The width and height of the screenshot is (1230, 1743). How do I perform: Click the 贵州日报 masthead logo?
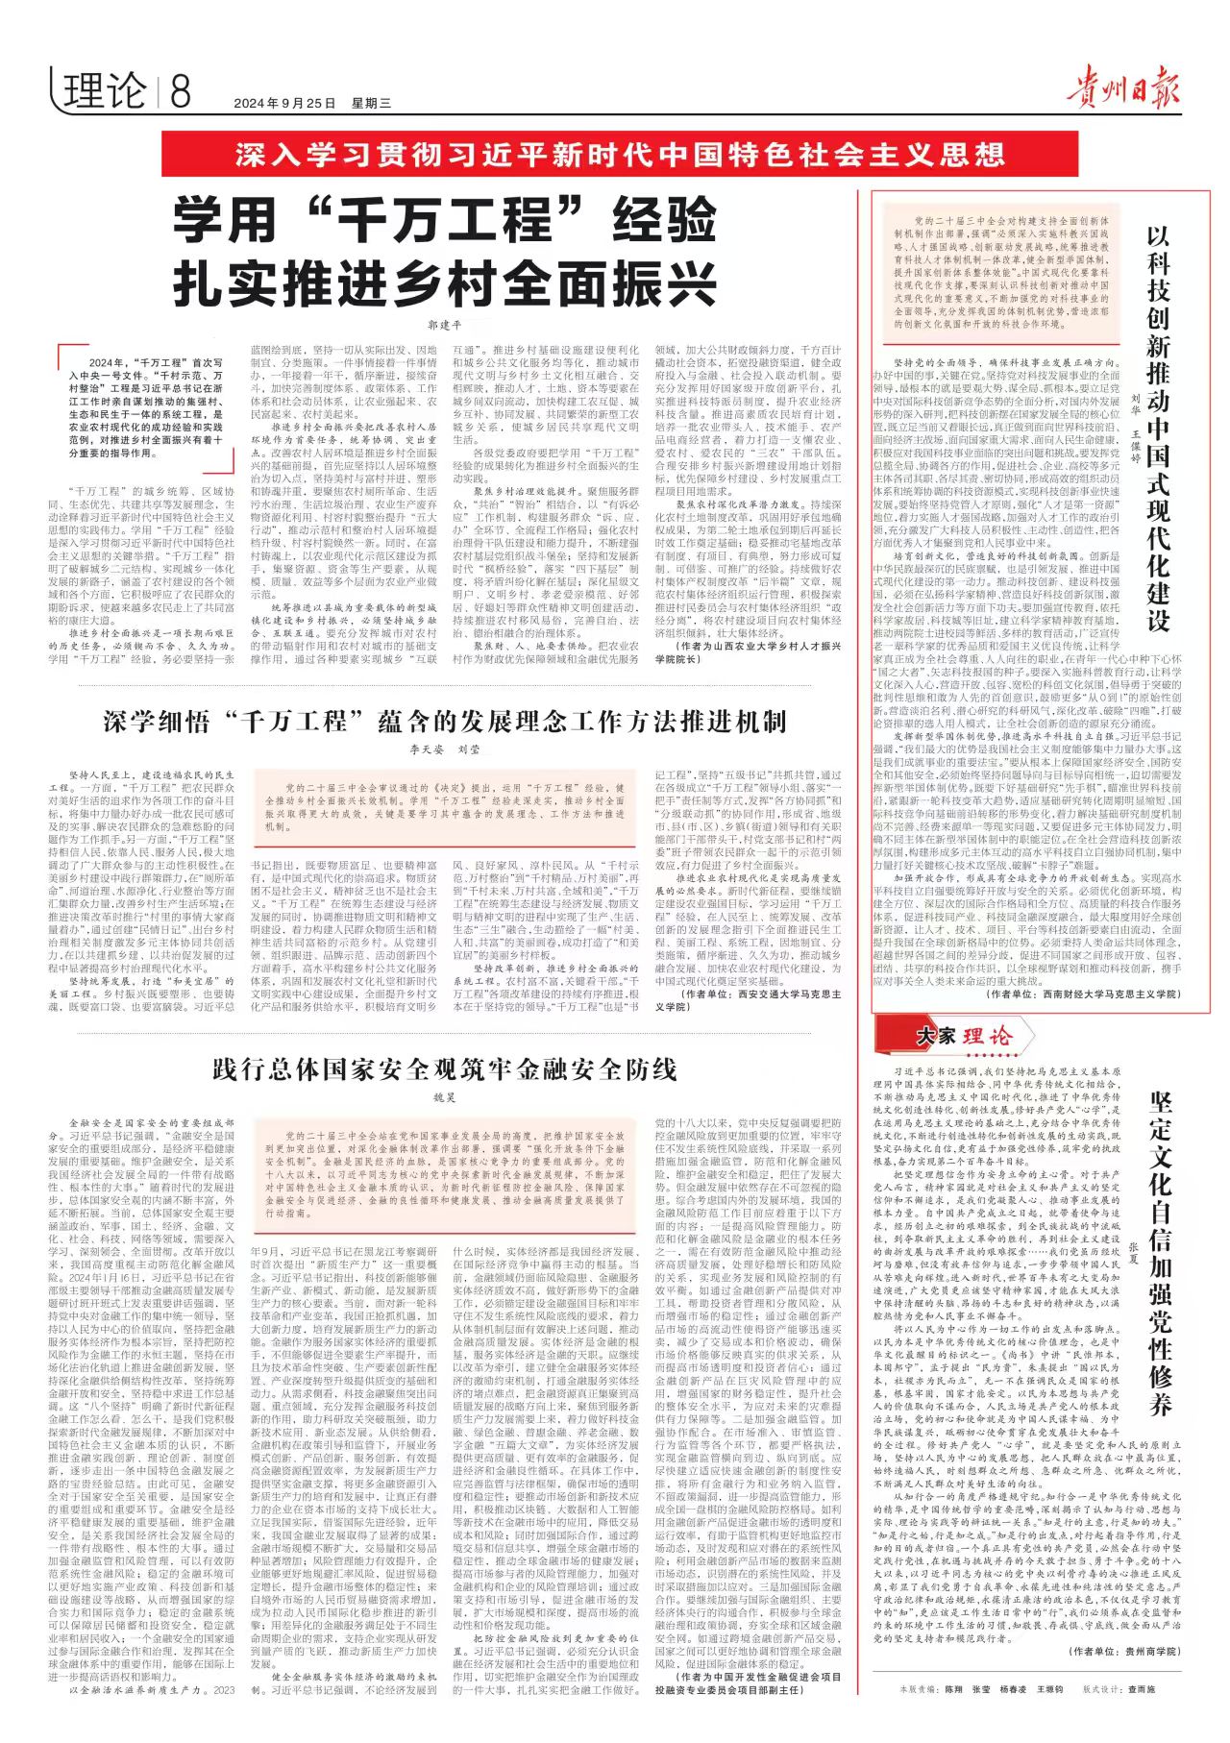(1120, 86)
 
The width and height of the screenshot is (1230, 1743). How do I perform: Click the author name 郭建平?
(444, 326)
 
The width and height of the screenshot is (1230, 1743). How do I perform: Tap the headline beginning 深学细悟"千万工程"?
(445, 721)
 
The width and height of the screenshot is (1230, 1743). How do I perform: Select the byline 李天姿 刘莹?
(444, 749)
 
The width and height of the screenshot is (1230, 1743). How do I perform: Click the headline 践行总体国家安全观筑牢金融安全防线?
(445, 1068)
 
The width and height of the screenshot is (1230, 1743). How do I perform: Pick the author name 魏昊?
(444, 1096)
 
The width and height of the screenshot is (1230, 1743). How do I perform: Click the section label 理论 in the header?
(105, 92)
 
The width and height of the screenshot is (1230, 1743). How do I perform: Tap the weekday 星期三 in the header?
(371, 103)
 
